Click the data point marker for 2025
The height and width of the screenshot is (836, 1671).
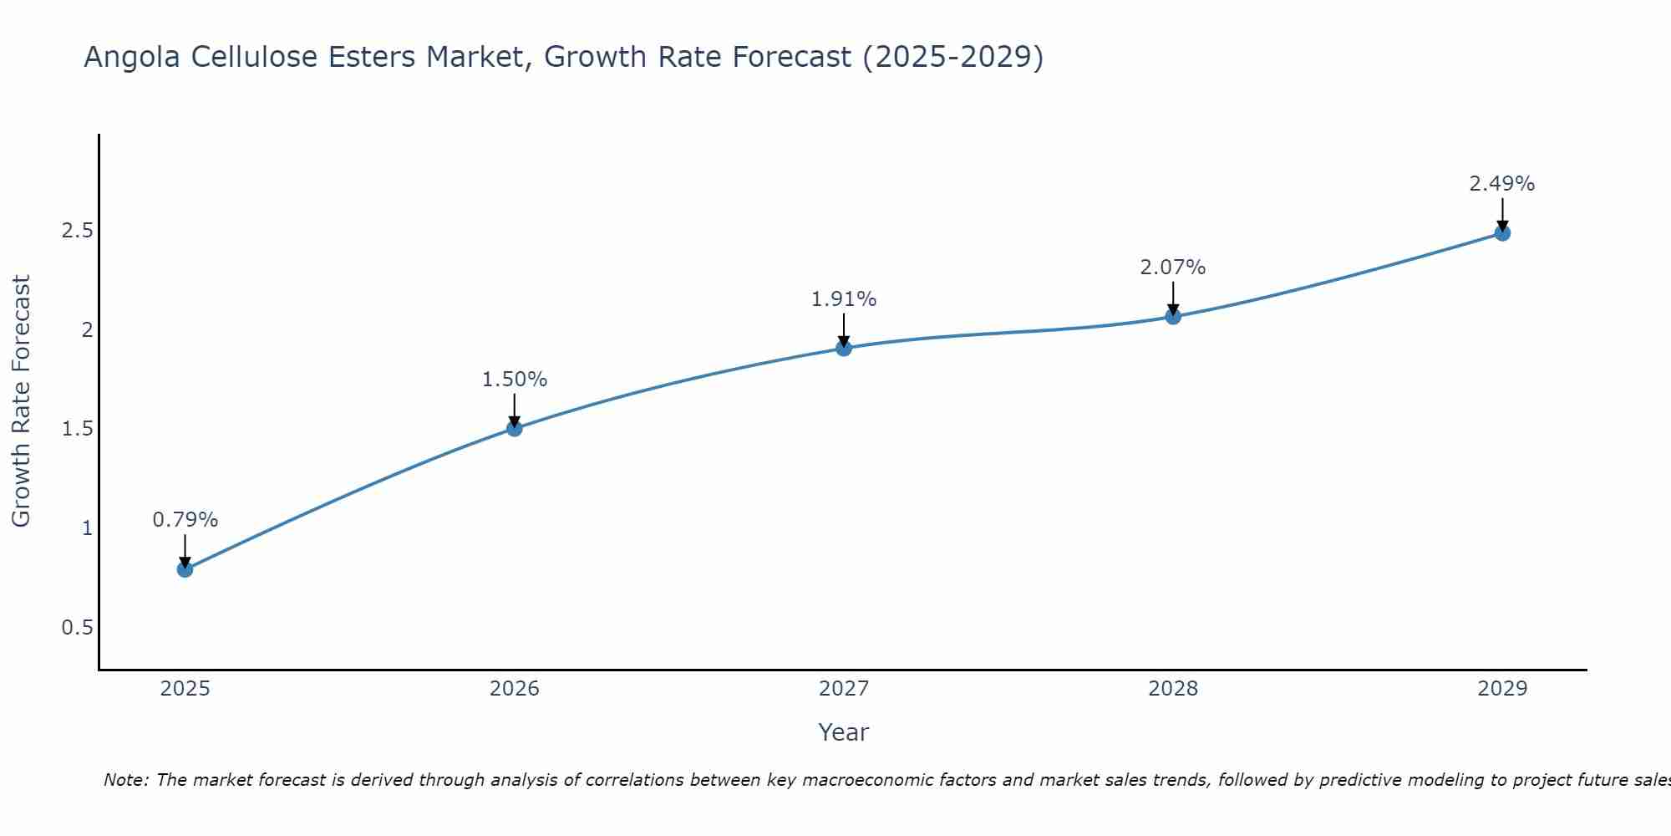[185, 569]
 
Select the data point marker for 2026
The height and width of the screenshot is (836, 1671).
[515, 429]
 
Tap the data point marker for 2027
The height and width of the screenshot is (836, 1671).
[844, 348]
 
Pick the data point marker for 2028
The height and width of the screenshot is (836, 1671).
[1173, 316]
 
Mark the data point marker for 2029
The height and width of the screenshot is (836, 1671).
[1502, 233]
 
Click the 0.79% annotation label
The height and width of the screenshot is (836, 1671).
[185, 520]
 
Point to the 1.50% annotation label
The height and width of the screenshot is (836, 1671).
[515, 380]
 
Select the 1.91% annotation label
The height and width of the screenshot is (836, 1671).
[844, 299]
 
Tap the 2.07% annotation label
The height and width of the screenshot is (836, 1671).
[1173, 268]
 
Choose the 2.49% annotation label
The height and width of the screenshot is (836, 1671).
[1502, 184]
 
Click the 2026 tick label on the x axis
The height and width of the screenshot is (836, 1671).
[515, 689]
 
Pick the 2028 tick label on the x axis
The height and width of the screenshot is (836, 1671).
[1173, 689]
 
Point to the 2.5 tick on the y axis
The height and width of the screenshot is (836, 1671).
[77, 231]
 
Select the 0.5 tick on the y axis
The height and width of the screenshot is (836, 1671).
[77, 628]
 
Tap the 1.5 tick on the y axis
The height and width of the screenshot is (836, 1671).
[77, 429]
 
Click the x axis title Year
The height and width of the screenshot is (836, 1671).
[844, 732]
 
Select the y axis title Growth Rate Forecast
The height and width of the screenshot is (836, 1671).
[21, 401]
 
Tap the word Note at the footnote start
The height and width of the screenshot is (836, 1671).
[125, 780]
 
